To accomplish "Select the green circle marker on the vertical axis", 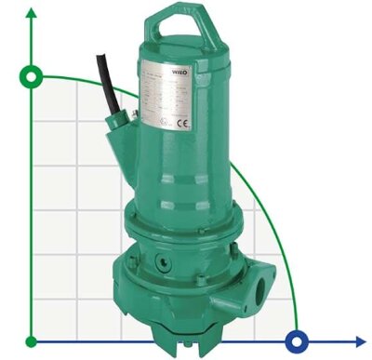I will tap(33, 75).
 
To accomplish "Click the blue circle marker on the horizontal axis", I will tap(298, 340).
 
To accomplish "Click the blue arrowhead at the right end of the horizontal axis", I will tap(360, 340).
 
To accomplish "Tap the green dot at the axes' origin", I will tap(33, 340).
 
